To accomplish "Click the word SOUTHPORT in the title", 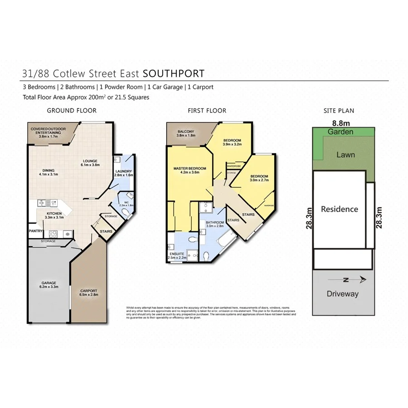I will pos(174,73).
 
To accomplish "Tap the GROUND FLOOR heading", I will pos(72,111).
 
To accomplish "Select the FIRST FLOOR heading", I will pos(207,111).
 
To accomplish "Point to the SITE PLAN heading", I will pos(339,111).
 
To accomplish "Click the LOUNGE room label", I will pos(91,160).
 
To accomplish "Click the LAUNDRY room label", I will pos(123,171).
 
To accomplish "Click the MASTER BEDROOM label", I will pos(189,169).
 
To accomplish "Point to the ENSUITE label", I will pos(177,254).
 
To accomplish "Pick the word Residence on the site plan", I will pos(340,209).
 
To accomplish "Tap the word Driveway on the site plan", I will pos(343,294).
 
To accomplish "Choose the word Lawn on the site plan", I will pos(345,155).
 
